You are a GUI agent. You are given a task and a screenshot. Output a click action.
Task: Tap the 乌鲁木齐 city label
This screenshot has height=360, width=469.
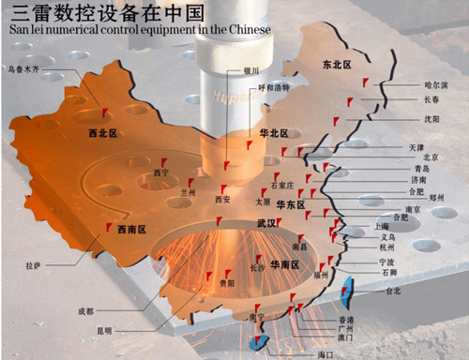pos(25,69)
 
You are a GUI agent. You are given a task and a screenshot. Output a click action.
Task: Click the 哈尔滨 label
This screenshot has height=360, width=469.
pos(436,84)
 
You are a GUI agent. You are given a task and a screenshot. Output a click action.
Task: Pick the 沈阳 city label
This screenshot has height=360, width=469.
pos(431,120)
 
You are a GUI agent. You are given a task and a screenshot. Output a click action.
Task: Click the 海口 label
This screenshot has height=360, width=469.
pos(325,353)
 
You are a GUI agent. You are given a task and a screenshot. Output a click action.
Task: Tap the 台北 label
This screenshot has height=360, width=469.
pos(379,292)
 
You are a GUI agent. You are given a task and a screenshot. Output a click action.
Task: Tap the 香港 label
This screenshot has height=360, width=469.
pos(346,320)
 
